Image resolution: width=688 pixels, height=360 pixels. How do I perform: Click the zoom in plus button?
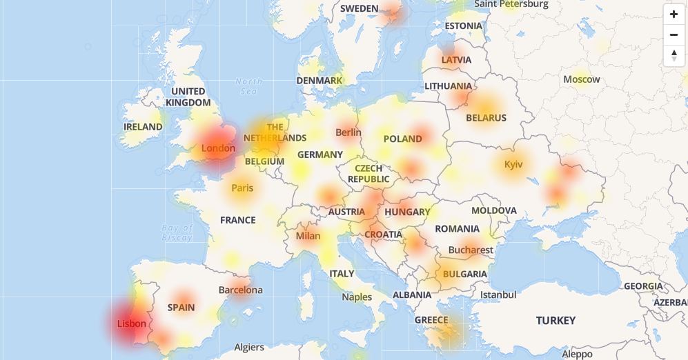click(x=674, y=14)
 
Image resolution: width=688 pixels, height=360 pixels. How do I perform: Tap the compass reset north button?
click(x=674, y=55)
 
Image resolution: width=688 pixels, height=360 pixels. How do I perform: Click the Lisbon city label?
click(x=132, y=323)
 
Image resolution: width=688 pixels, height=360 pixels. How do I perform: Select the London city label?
click(x=218, y=148)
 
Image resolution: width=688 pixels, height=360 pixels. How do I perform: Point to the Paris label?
click(x=242, y=188)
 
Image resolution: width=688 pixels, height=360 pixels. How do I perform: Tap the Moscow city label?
click(x=581, y=79)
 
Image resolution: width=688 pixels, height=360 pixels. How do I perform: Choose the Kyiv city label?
click(x=513, y=165)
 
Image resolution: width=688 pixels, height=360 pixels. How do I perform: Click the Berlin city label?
click(x=348, y=132)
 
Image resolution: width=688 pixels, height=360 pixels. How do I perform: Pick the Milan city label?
click(x=308, y=236)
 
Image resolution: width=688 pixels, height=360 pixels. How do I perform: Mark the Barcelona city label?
click(x=240, y=290)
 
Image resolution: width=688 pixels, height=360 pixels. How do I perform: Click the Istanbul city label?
click(x=498, y=294)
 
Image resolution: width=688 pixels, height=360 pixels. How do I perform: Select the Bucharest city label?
click(x=471, y=250)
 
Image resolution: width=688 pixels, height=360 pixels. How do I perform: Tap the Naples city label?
click(x=357, y=297)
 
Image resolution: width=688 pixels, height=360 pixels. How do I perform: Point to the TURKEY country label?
click(x=556, y=321)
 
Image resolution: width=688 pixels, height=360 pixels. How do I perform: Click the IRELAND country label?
click(x=143, y=127)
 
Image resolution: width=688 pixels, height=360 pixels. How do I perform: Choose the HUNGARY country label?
click(x=407, y=212)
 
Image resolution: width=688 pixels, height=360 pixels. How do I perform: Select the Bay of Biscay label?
click(x=177, y=232)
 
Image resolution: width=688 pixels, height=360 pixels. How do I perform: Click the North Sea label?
click(x=249, y=86)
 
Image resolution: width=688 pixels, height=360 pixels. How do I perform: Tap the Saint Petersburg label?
click(x=511, y=4)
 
